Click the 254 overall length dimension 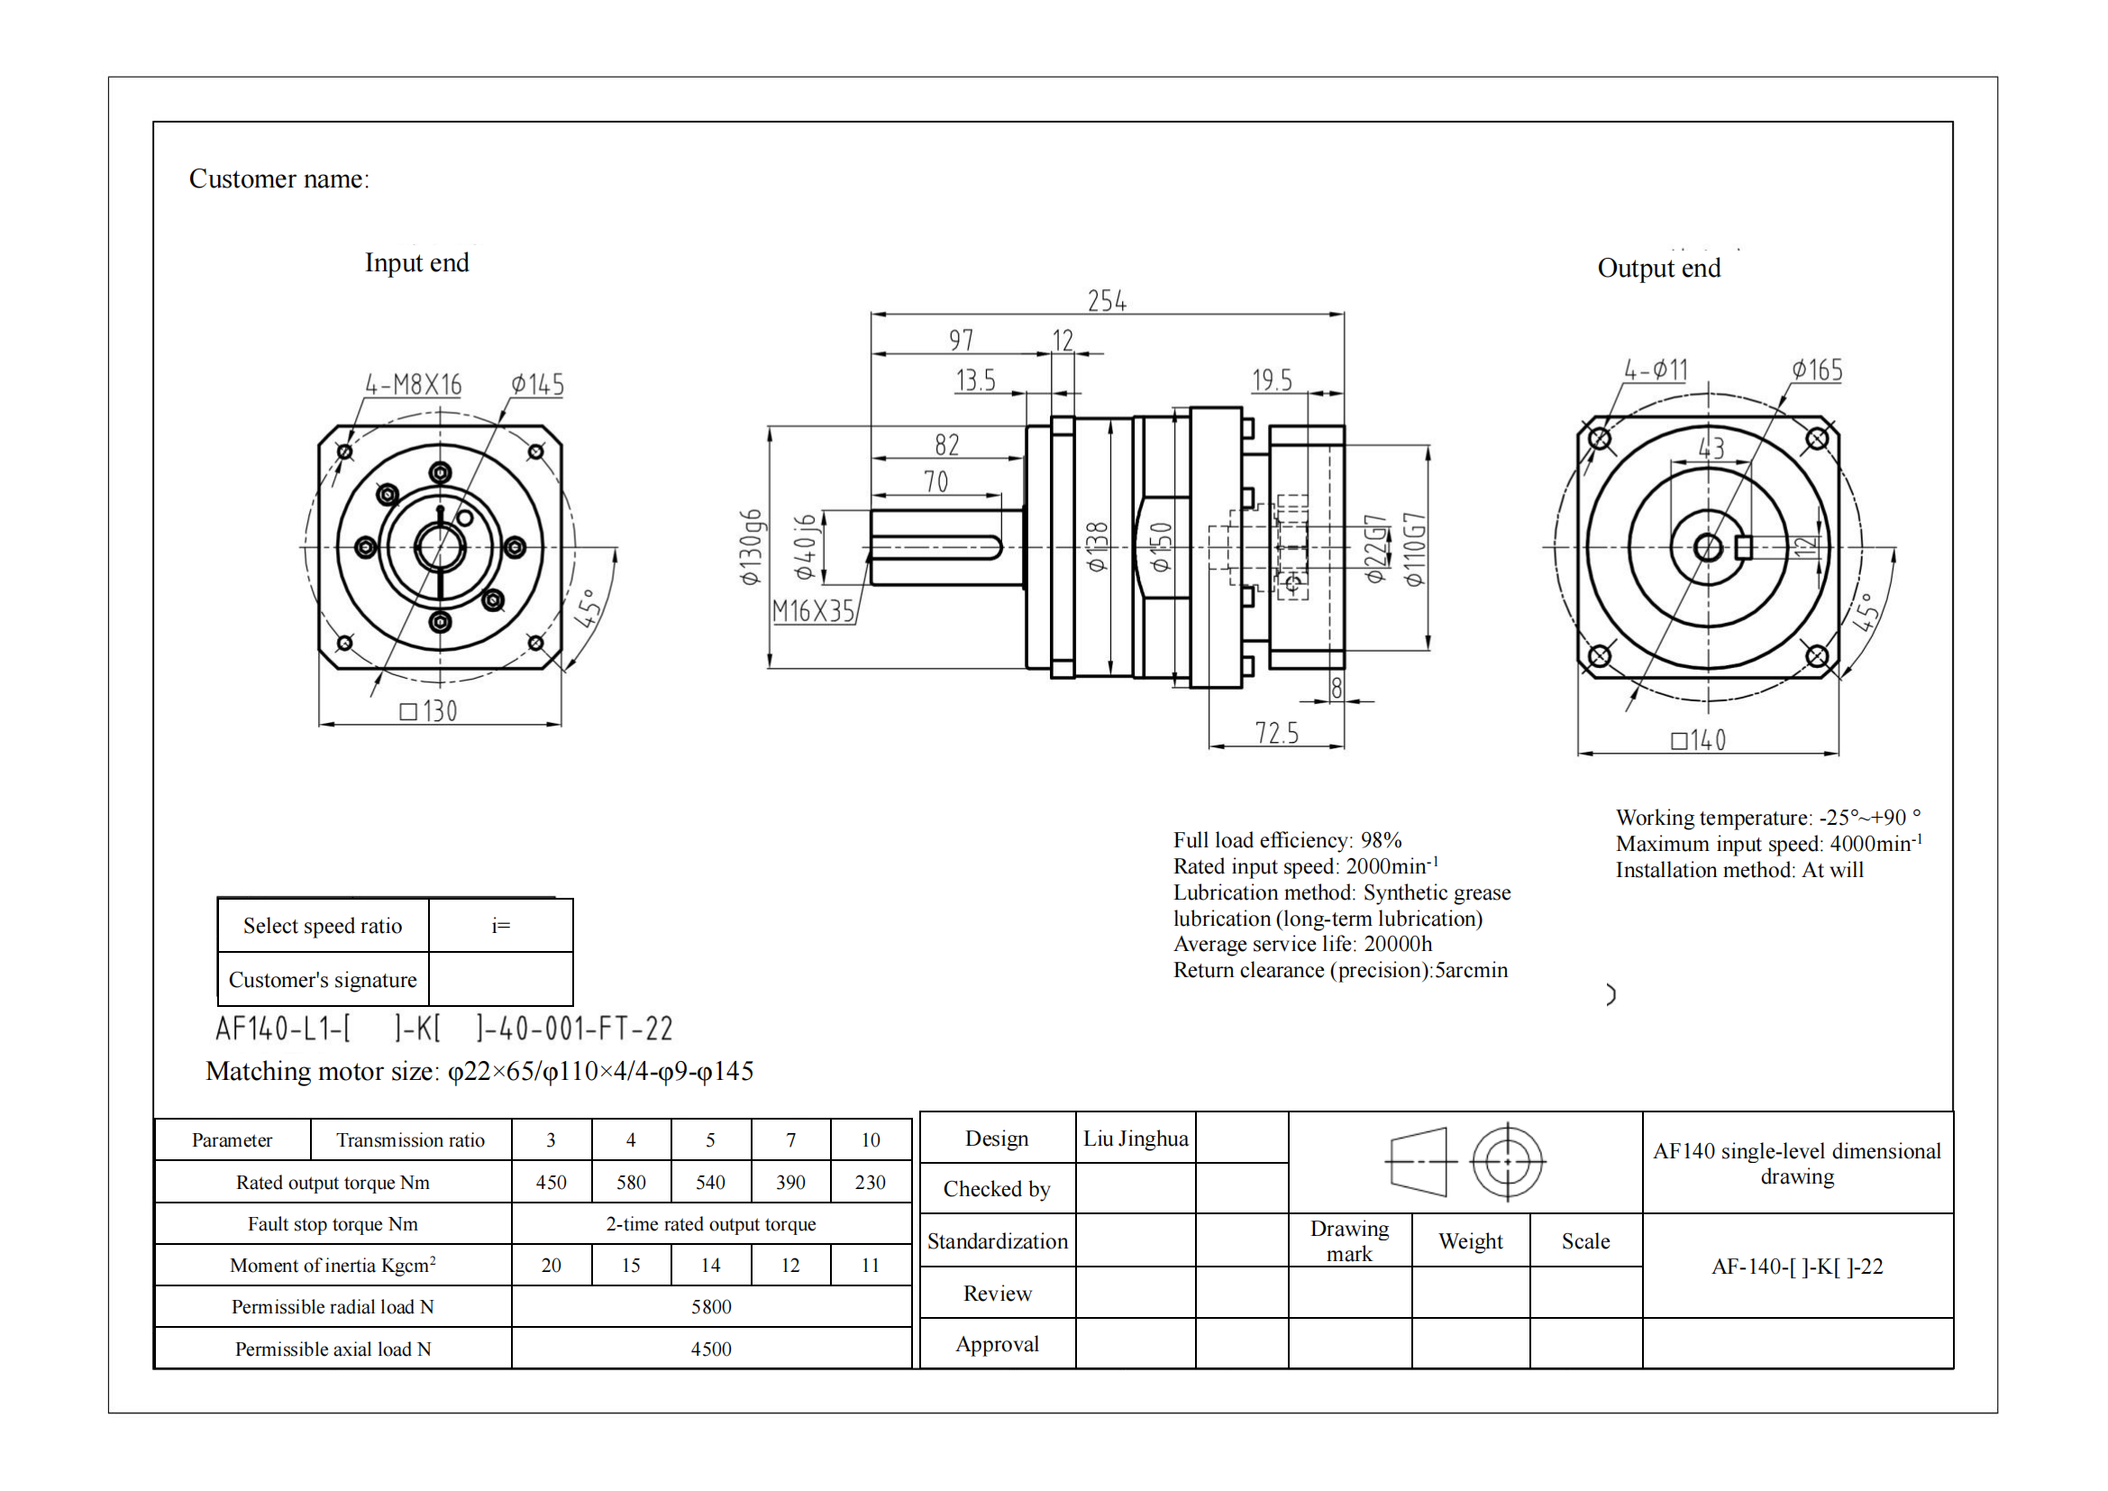[1107, 300]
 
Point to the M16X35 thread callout [814, 610]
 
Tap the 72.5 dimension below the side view [1276, 733]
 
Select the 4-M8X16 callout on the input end [413, 384]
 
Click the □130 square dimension [429, 710]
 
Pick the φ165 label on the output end [1817, 370]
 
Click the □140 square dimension [1699, 740]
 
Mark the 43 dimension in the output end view [1711, 448]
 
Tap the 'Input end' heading [417, 262]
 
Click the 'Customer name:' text [279, 179]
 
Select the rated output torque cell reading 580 [631, 1183]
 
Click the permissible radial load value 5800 [710, 1306]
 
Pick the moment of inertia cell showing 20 [551, 1265]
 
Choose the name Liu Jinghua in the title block [1135, 1139]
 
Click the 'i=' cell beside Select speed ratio [500, 926]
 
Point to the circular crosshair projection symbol [1508, 1161]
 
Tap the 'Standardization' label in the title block [997, 1241]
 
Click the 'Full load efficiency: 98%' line [1287, 840]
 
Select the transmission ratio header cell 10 [871, 1140]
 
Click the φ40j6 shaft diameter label [805, 547]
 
